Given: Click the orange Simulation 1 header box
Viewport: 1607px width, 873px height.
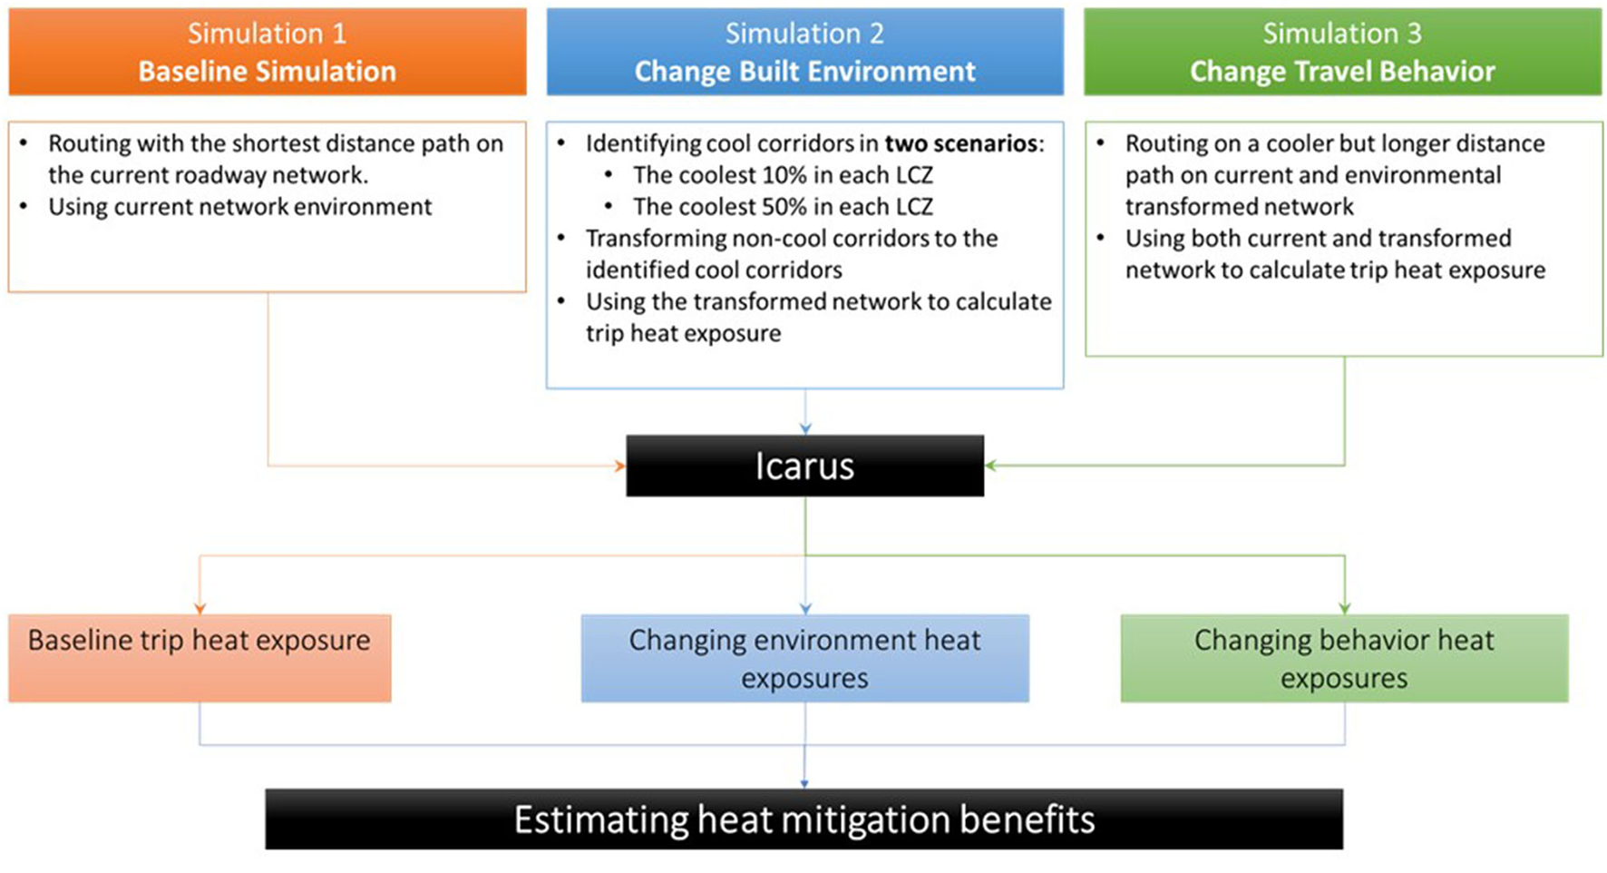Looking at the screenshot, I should (267, 52).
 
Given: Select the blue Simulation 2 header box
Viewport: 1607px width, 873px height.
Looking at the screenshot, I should (804, 52).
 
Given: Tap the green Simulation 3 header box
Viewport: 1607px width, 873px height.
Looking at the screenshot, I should (1342, 52).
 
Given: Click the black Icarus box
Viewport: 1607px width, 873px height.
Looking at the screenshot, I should (804, 466).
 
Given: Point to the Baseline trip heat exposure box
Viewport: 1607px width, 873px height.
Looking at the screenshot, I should (200, 658).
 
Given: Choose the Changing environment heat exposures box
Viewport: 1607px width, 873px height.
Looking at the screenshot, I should (804, 658).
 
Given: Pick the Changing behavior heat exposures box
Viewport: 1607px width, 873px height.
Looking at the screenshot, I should (1344, 658).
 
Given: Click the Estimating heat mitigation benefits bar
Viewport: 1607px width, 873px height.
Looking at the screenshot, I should (803, 819).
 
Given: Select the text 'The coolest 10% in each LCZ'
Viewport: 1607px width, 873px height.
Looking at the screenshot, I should (783, 175).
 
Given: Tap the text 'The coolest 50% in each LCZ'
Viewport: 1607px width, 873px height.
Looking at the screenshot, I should (783, 207).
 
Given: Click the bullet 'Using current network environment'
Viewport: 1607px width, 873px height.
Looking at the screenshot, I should (240, 207).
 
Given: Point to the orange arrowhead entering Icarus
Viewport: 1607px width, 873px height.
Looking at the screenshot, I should (620, 466).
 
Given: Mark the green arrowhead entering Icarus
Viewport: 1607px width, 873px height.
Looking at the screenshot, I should (990, 466).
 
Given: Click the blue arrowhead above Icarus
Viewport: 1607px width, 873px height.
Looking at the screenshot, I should (805, 428).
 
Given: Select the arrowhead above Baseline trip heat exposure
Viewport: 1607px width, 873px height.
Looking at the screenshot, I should (200, 608).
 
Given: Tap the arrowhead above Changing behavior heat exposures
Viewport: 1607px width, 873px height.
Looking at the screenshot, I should (1344, 608).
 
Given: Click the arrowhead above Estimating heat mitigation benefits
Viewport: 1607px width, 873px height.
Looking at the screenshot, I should (804, 783).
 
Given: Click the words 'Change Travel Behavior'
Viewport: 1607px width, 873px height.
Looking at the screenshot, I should (1342, 72).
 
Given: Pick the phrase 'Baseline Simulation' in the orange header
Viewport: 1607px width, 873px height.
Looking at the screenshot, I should (267, 72).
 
